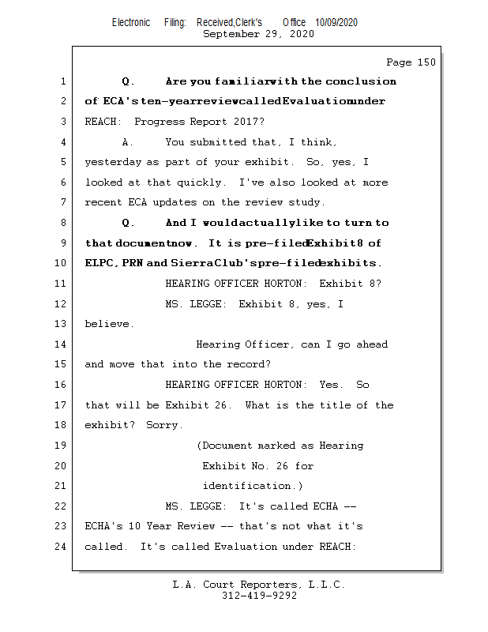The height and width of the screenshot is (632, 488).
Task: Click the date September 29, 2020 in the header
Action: [258, 34]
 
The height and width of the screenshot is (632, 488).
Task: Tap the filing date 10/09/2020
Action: [336, 23]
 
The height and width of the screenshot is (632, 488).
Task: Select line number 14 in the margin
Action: [62, 344]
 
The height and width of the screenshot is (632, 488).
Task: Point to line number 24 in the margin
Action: [62, 546]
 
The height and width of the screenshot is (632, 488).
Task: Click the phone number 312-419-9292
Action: [258, 596]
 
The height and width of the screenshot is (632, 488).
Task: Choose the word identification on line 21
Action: [245, 486]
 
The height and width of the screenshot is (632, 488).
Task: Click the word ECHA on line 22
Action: [325, 506]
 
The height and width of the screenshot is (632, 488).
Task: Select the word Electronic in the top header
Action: [131, 23]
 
